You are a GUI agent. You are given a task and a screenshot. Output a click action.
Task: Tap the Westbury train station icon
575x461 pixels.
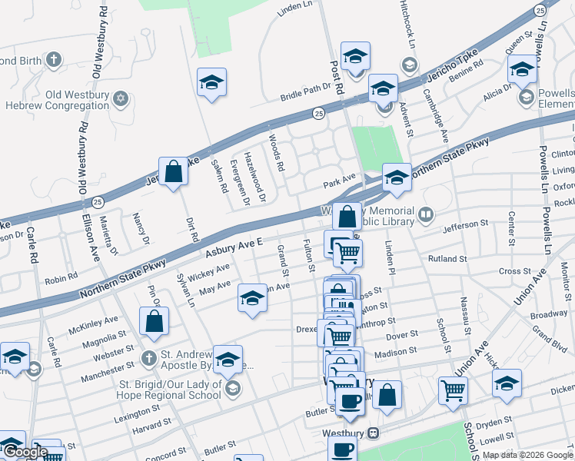click(x=374, y=433)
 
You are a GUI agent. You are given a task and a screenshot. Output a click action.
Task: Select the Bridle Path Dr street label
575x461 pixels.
click(x=305, y=91)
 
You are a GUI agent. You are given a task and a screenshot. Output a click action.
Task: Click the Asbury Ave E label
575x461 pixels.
click(x=234, y=248)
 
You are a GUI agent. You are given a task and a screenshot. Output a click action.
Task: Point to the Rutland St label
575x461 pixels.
click(x=448, y=259)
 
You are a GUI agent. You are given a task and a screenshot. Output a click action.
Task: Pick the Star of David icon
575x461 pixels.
click(x=121, y=98)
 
